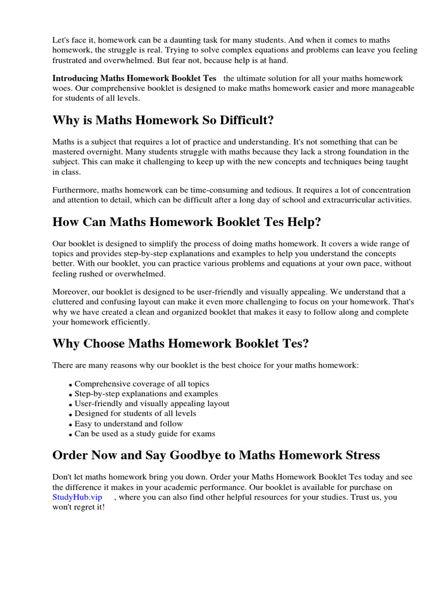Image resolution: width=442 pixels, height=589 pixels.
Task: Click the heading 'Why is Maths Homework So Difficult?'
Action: (163, 120)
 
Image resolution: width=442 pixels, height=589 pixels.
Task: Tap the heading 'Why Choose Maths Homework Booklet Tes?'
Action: (180, 343)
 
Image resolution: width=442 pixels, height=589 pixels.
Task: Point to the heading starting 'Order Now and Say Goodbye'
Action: (216, 455)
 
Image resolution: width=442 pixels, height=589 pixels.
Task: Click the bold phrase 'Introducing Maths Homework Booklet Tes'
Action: (134, 78)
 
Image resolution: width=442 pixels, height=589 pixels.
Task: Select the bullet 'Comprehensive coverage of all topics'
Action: (142, 384)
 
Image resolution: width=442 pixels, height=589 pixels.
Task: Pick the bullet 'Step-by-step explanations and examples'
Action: (146, 393)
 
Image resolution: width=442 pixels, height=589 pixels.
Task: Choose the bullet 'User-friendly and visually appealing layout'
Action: (152, 404)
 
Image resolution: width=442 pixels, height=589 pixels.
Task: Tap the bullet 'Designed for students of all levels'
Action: (135, 414)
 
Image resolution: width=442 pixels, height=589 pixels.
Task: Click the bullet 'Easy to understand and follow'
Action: (129, 424)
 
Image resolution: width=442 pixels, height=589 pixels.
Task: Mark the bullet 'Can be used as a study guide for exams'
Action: (144, 434)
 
